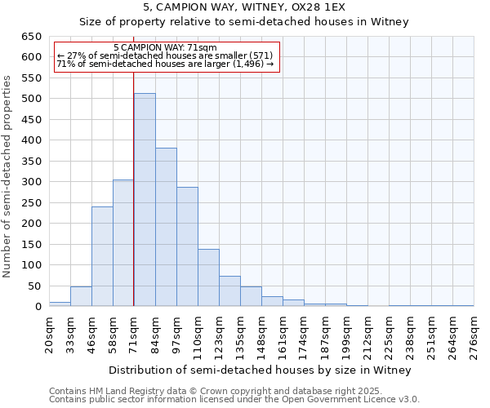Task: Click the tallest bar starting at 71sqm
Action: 145,200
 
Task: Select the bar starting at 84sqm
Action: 166,227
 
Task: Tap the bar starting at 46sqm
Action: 102,256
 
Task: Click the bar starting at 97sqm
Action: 187,246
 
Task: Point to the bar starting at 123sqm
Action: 229,291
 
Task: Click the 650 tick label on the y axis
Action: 31,37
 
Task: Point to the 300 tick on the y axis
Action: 31,182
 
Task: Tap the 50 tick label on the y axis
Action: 34,286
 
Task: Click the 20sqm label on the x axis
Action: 49,334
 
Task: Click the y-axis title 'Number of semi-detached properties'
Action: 8,175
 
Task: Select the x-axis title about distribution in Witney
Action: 261,370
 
